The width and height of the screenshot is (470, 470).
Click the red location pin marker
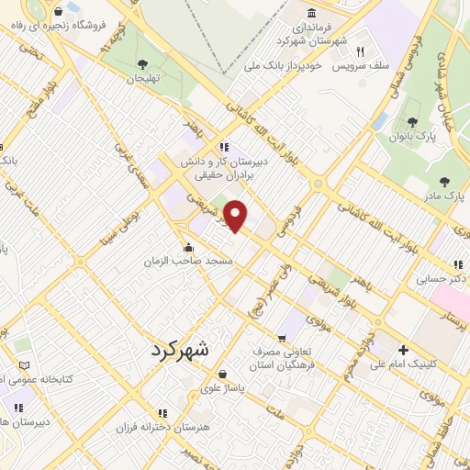click(x=237, y=215)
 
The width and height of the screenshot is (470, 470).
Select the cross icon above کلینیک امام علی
click(x=403, y=350)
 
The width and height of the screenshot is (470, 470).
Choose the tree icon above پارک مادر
click(x=446, y=181)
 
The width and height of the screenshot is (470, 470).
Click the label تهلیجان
click(x=142, y=79)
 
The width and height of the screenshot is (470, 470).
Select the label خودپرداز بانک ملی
click(x=280, y=67)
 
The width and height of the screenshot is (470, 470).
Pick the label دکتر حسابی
click(x=442, y=276)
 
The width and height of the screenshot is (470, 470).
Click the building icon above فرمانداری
click(x=312, y=13)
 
